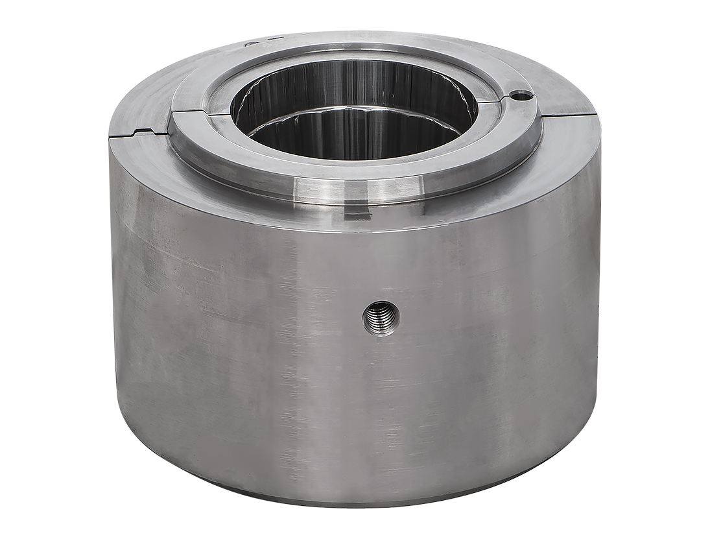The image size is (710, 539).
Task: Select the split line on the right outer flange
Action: pyautogui.click(x=571, y=117)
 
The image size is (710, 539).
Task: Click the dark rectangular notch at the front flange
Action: pyautogui.click(x=358, y=215)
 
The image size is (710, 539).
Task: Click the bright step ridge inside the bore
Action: pyautogui.click(x=353, y=112)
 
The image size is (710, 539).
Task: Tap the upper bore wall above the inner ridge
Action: pyautogui.click(x=353, y=81)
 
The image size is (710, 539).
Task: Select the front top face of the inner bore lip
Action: pyautogui.click(x=353, y=166)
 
